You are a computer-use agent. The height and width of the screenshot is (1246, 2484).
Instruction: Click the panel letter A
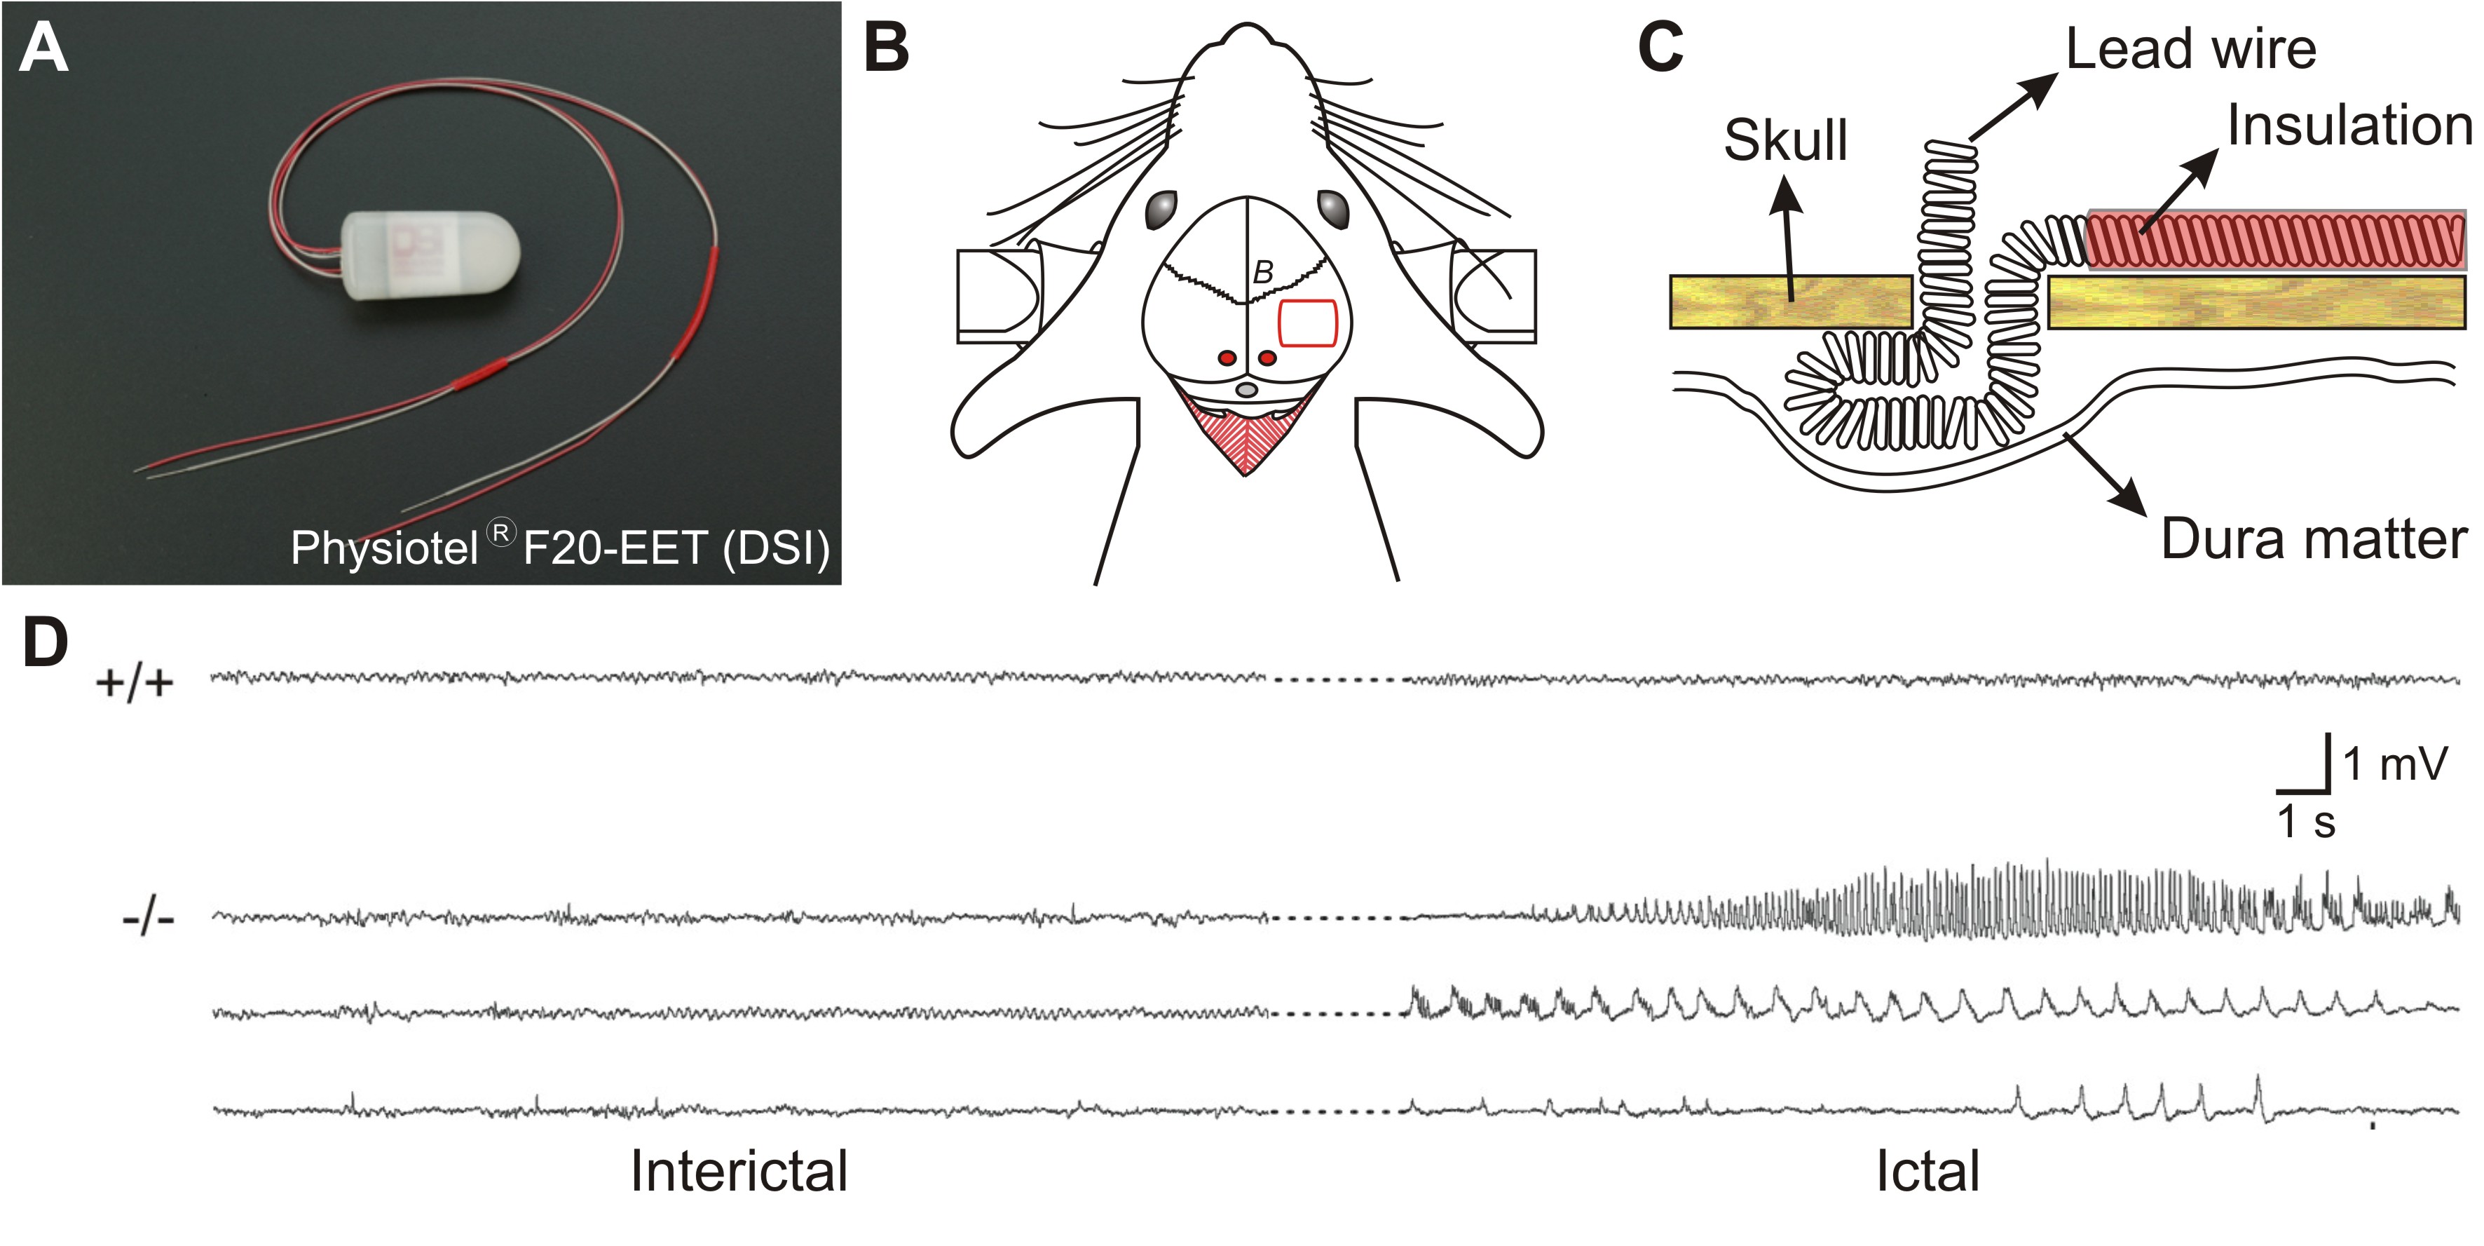pyautogui.click(x=43, y=48)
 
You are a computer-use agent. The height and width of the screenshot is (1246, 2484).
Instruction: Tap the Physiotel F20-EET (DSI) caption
pyautogui.click(x=559, y=547)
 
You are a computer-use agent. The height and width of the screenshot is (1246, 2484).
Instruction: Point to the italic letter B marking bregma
pyautogui.click(x=1262, y=273)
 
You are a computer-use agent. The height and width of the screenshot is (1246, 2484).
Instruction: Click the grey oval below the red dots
pyautogui.click(x=1247, y=390)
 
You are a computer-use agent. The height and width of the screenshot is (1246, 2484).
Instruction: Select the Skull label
pyautogui.click(x=1785, y=141)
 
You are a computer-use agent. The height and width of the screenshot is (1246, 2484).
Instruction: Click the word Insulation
pyautogui.click(x=2349, y=126)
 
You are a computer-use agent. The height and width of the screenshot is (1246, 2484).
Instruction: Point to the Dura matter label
pyautogui.click(x=2313, y=539)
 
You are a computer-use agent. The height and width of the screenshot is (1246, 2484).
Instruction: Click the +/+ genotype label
pyautogui.click(x=135, y=683)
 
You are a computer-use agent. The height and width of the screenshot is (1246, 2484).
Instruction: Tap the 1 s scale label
pyautogui.click(x=2307, y=822)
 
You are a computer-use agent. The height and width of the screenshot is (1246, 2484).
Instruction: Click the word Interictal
pyautogui.click(x=739, y=1171)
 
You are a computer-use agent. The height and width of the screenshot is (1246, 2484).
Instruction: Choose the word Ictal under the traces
pyautogui.click(x=1927, y=1171)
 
